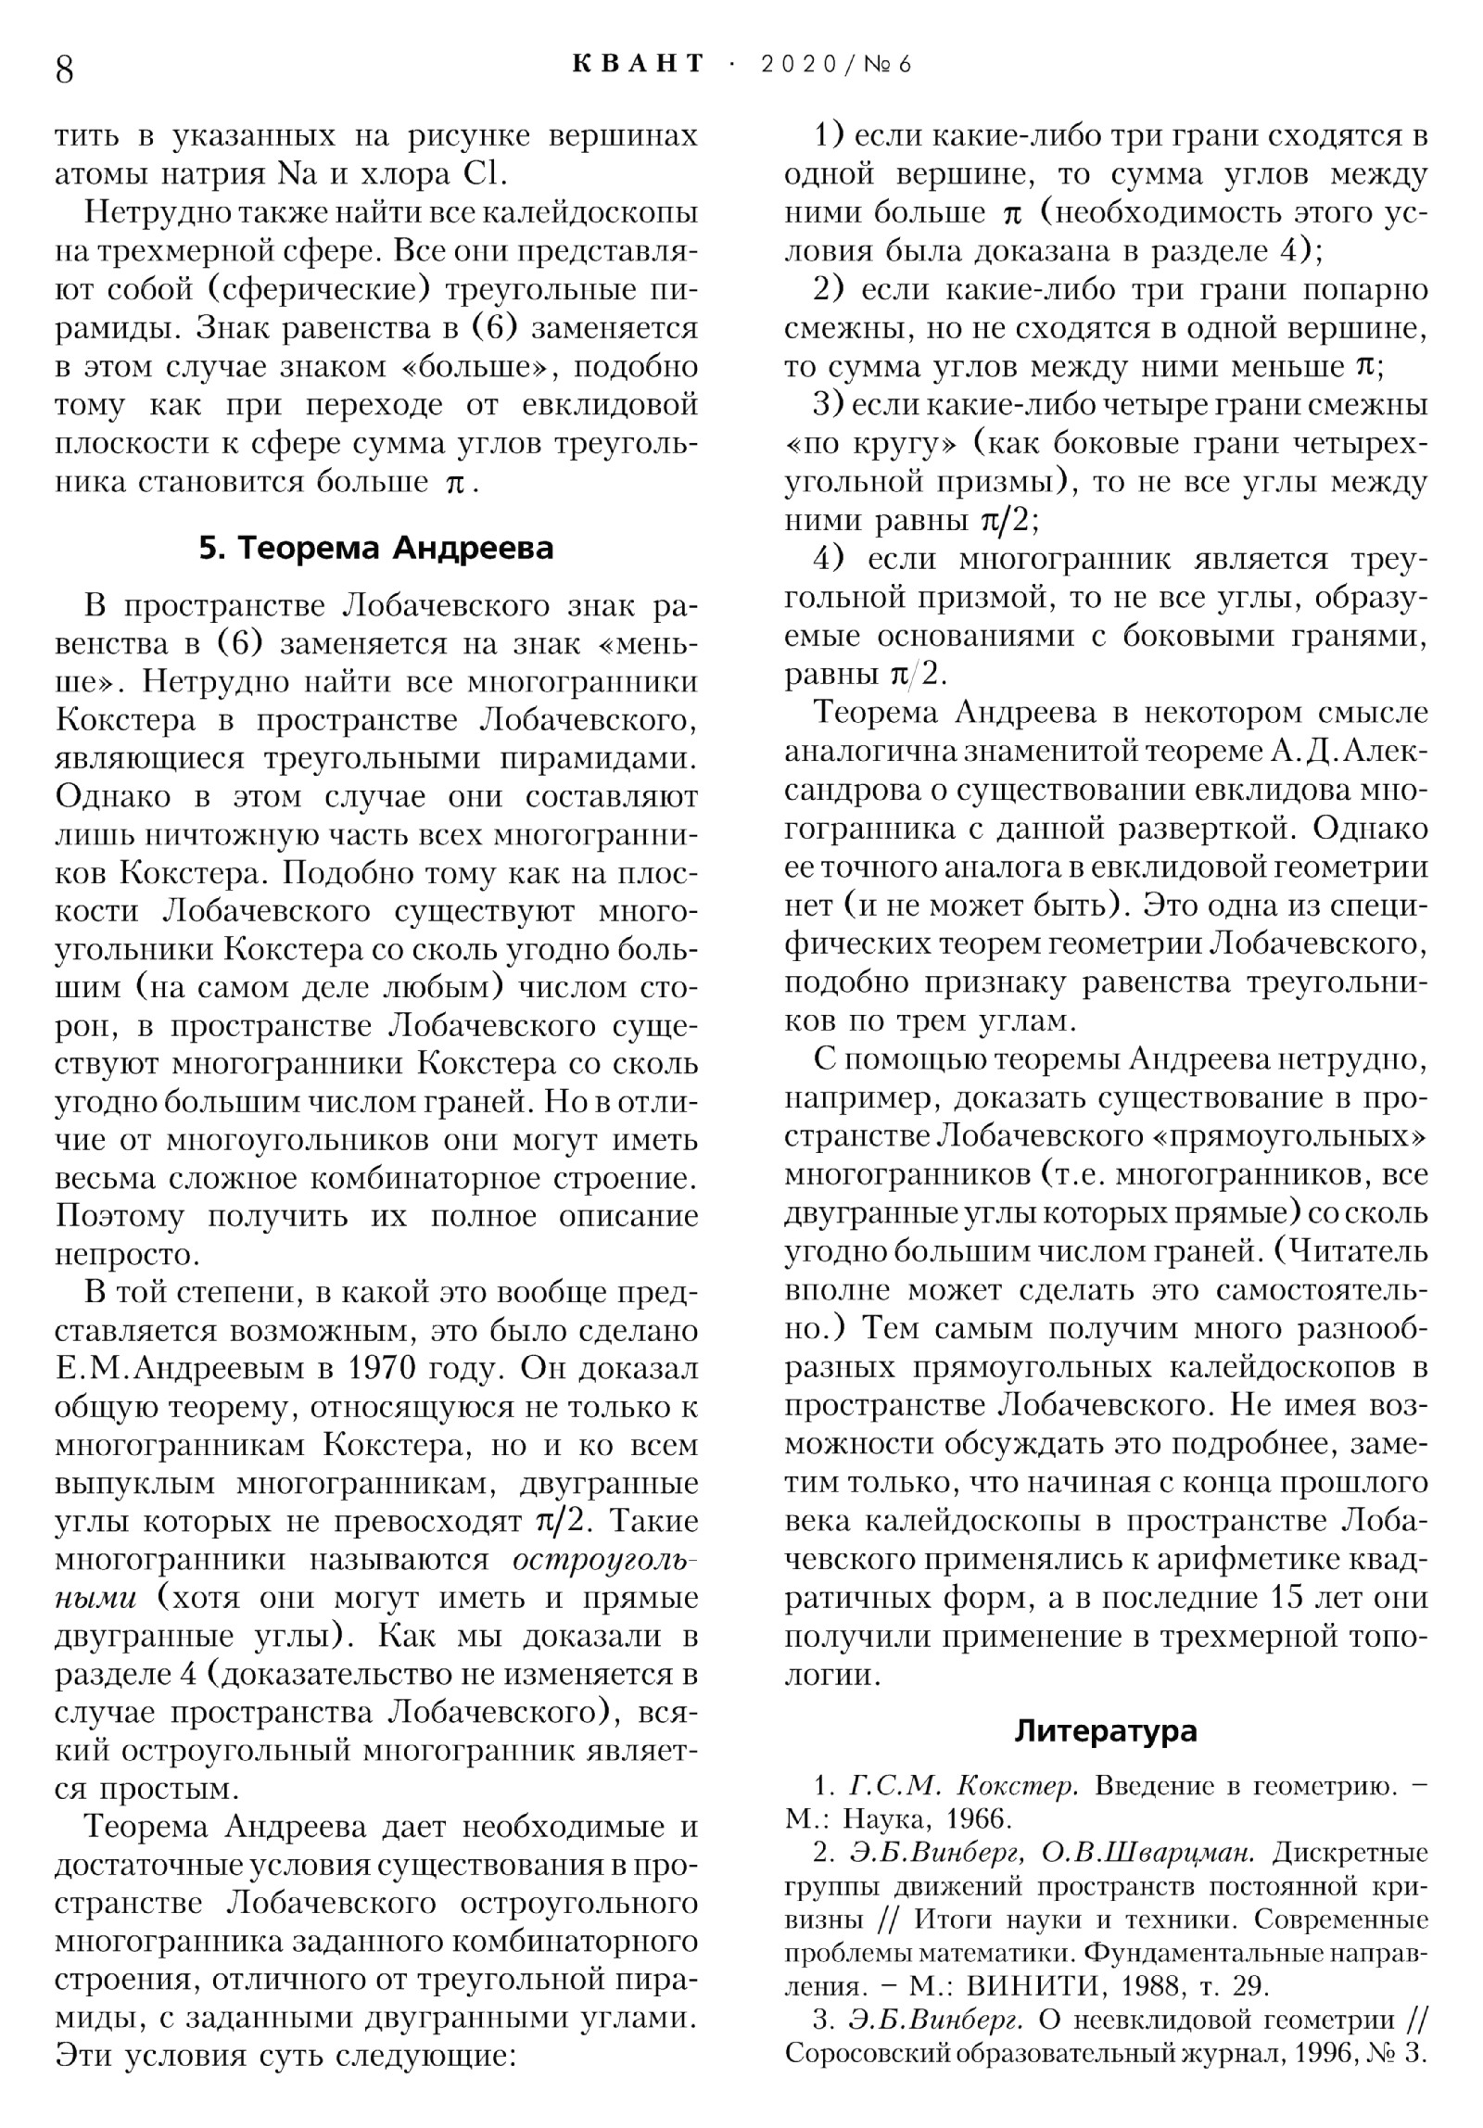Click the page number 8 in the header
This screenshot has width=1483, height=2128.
[65, 69]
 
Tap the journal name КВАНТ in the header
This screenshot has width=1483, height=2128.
[639, 64]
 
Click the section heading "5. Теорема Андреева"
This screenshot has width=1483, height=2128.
[376, 548]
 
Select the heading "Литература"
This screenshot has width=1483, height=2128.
[1106, 1730]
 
